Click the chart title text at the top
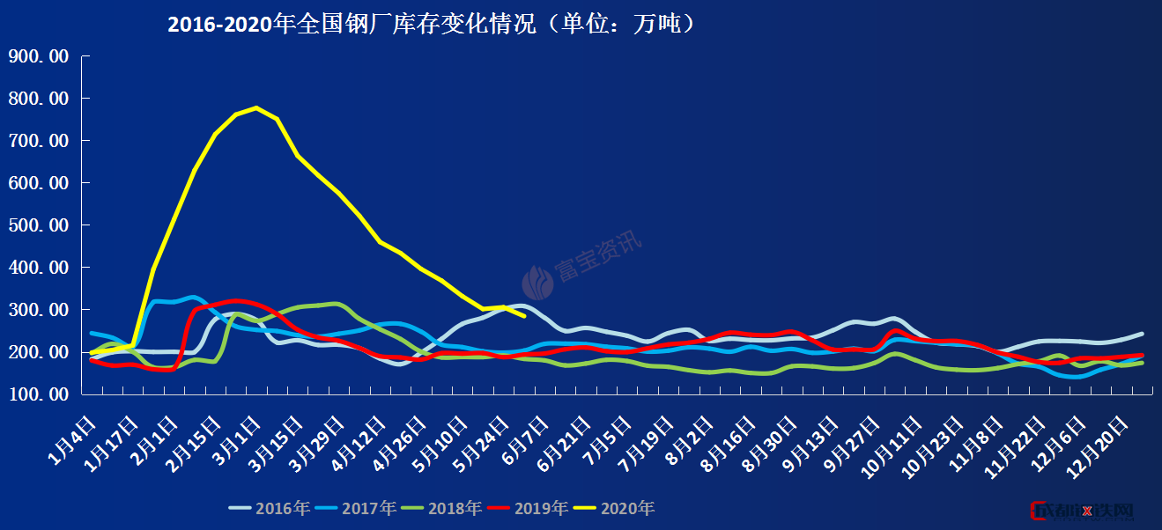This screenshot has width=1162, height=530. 433,24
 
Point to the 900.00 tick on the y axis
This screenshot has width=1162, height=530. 38,56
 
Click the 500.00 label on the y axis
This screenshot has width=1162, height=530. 38,225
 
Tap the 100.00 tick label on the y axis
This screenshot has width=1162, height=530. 38,394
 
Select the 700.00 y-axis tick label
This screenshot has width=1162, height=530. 38,141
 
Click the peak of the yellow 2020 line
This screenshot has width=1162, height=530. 255,108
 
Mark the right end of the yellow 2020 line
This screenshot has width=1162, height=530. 525,315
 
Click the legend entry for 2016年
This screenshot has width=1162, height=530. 270,508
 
